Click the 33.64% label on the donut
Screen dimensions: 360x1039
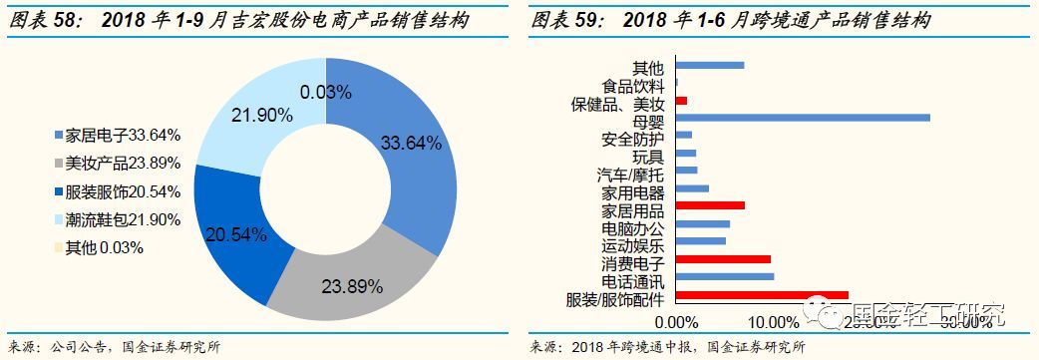point(411,143)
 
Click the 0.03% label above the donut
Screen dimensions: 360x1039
point(325,92)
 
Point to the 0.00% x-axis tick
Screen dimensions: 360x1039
point(678,322)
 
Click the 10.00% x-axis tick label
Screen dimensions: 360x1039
point(773,322)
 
